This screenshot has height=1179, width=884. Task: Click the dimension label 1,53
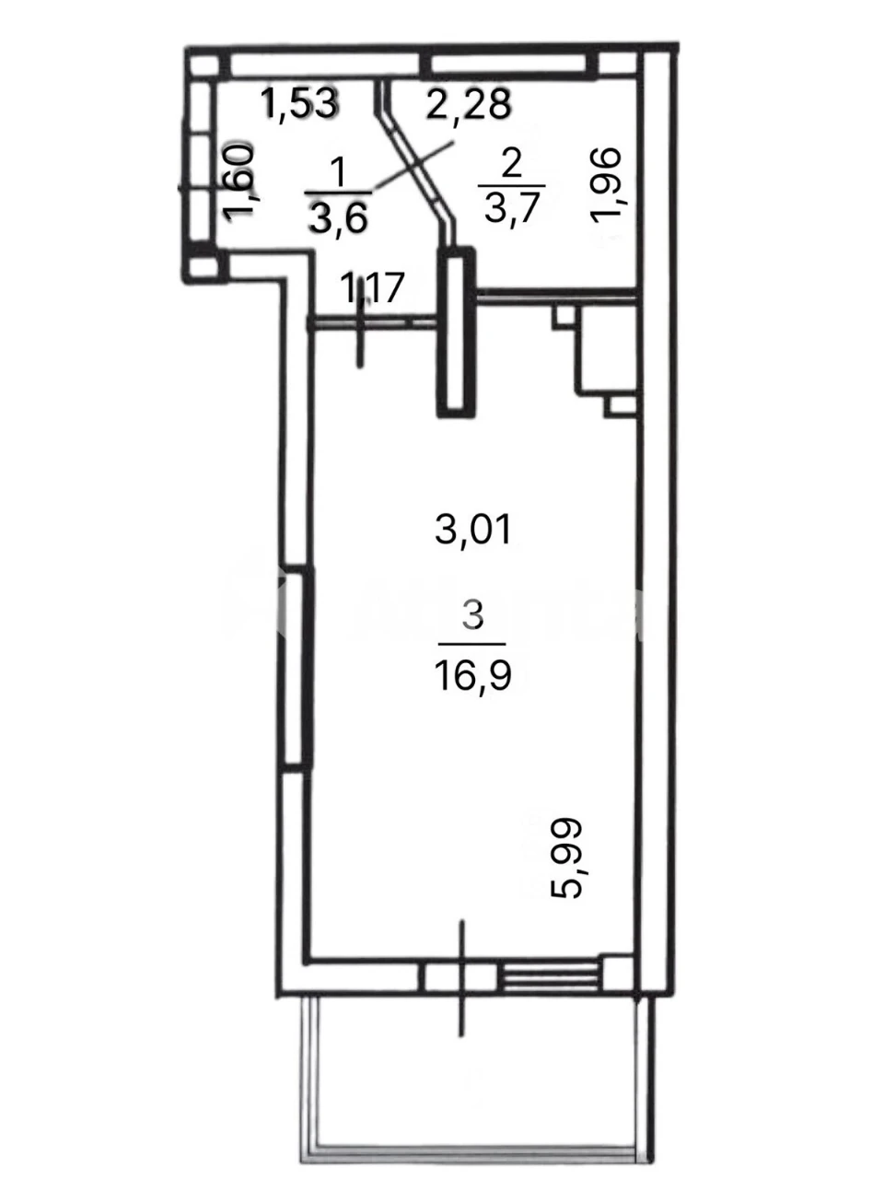pyautogui.click(x=300, y=104)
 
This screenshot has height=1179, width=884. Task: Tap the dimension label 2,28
pyautogui.click(x=468, y=105)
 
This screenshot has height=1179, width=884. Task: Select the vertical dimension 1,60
pyautogui.click(x=238, y=181)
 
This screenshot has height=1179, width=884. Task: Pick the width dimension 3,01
pyautogui.click(x=473, y=530)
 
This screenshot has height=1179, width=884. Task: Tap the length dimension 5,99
pyautogui.click(x=567, y=858)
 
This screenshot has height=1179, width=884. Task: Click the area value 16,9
pyautogui.click(x=473, y=676)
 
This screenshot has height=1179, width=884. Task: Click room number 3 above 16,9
pyautogui.click(x=473, y=616)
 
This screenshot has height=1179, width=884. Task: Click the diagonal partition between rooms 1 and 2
pyautogui.click(x=416, y=161)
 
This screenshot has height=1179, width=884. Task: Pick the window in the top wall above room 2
pyautogui.click(x=507, y=64)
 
